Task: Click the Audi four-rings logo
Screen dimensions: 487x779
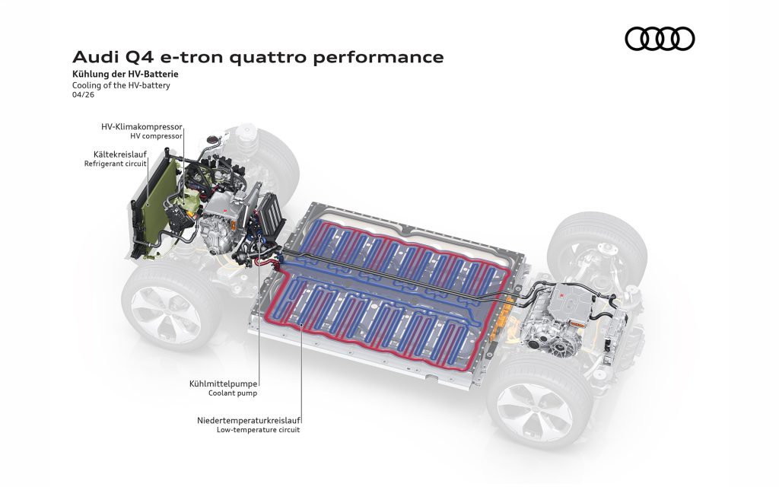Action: point(660,39)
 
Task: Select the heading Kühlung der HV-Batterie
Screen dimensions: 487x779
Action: point(126,75)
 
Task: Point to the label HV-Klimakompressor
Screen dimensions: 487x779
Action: point(141,126)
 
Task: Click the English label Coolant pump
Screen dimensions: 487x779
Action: point(233,393)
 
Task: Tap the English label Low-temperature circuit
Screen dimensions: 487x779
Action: point(259,430)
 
